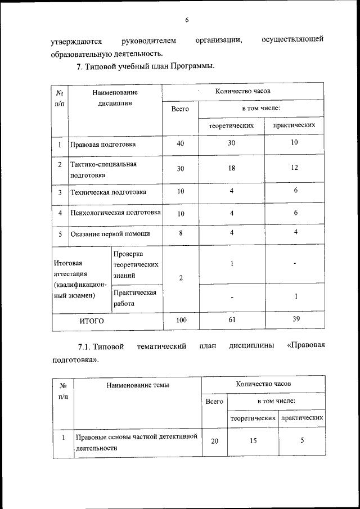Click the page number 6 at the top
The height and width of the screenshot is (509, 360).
pyautogui.click(x=186, y=20)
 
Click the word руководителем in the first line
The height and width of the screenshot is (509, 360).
pyautogui.click(x=148, y=41)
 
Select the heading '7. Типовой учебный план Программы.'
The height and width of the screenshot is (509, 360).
pyautogui.click(x=146, y=67)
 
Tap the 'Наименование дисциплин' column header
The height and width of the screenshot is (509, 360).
pyautogui.click(x=115, y=97)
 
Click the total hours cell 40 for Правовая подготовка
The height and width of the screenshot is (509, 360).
pyautogui.click(x=180, y=143)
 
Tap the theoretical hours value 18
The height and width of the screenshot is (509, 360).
pyautogui.click(x=232, y=168)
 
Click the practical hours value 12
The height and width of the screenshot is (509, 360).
pyautogui.click(x=295, y=168)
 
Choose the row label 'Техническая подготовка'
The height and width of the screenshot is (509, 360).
pyautogui.click(x=108, y=192)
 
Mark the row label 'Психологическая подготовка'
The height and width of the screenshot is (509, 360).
pyautogui.click(x=115, y=213)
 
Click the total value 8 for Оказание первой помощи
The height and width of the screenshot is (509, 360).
pyautogui.click(x=180, y=233)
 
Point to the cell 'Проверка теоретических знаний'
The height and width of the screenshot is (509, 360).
pyautogui.click(x=136, y=264)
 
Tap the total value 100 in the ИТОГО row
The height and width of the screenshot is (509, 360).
pyautogui.click(x=181, y=320)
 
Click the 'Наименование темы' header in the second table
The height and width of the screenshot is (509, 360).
pyautogui.click(x=137, y=385)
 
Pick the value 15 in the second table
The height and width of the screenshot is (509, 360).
pyautogui.click(x=253, y=441)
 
